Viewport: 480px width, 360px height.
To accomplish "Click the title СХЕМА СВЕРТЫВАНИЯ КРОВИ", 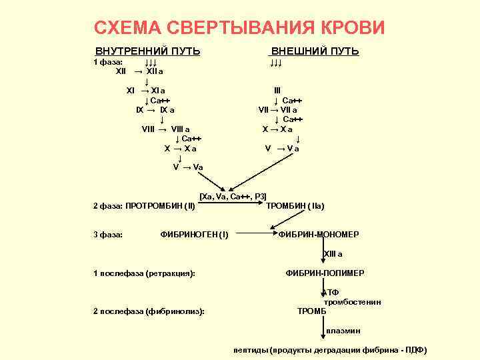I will click(239, 27).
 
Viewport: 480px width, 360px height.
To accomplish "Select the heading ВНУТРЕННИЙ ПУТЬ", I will click(147, 51).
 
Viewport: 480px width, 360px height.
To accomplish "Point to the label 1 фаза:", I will click(107, 61).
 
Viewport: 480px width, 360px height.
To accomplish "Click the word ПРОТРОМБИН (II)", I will click(160, 206).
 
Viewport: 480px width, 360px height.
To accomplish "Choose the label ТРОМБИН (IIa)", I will click(295, 206).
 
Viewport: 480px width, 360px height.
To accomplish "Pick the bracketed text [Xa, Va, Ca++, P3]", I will click(233, 196).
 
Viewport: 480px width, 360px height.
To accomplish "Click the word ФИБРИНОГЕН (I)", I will click(195, 235).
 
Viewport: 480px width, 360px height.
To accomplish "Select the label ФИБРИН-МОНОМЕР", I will click(319, 235).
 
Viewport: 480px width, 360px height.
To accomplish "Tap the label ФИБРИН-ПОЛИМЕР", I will click(325, 273).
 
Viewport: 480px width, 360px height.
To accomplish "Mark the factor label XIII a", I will click(333, 254).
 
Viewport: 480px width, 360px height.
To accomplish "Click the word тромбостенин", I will click(352, 302).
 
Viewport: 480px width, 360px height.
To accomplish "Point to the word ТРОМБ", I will click(312, 311).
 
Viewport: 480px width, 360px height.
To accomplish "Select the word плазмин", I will click(343, 331).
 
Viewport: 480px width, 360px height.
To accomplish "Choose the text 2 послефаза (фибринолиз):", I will click(149, 311).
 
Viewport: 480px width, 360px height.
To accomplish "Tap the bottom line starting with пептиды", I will click(330, 350).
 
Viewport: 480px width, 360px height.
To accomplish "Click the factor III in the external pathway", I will click(277, 90).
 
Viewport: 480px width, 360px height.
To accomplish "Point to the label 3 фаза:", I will click(108, 235).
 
